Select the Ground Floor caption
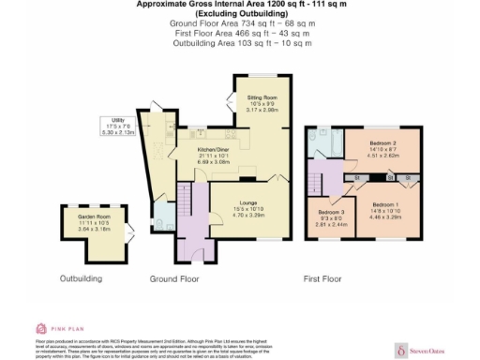coord(175,278)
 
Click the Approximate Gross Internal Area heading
coord(240,5)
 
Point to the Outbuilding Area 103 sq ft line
coord(240,43)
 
